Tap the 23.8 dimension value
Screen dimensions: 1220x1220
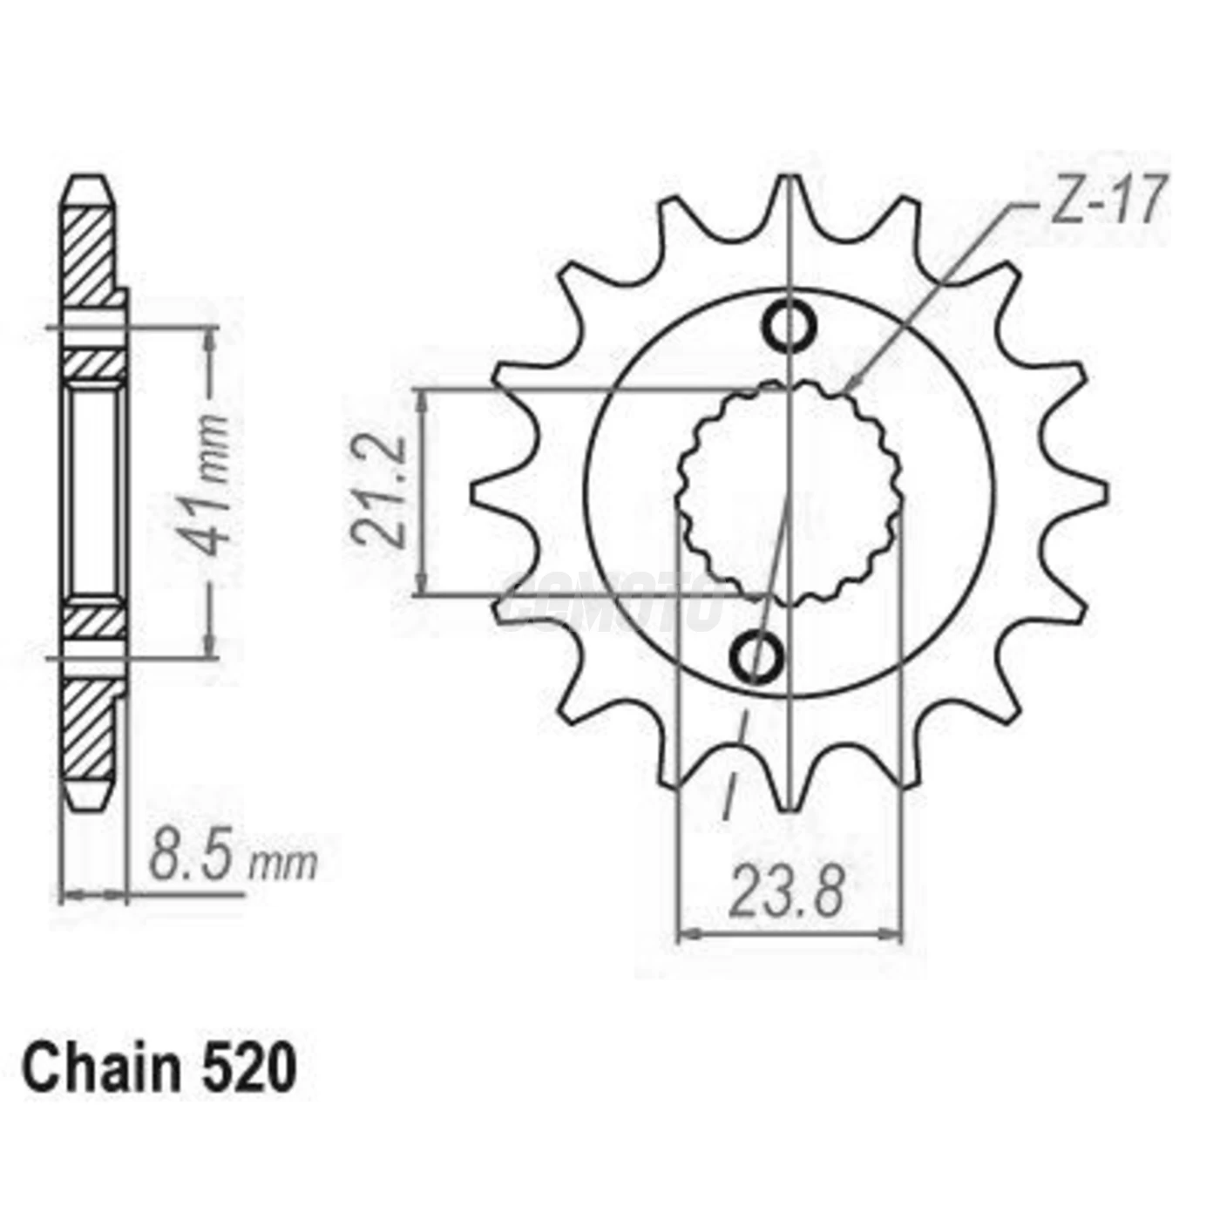pyautogui.click(x=786, y=891)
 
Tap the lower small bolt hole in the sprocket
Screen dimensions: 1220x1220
pyautogui.click(x=756, y=658)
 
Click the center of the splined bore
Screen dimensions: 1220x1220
pyautogui.click(x=790, y=493)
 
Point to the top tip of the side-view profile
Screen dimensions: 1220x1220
pyautogui.click(x=89, y=179)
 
